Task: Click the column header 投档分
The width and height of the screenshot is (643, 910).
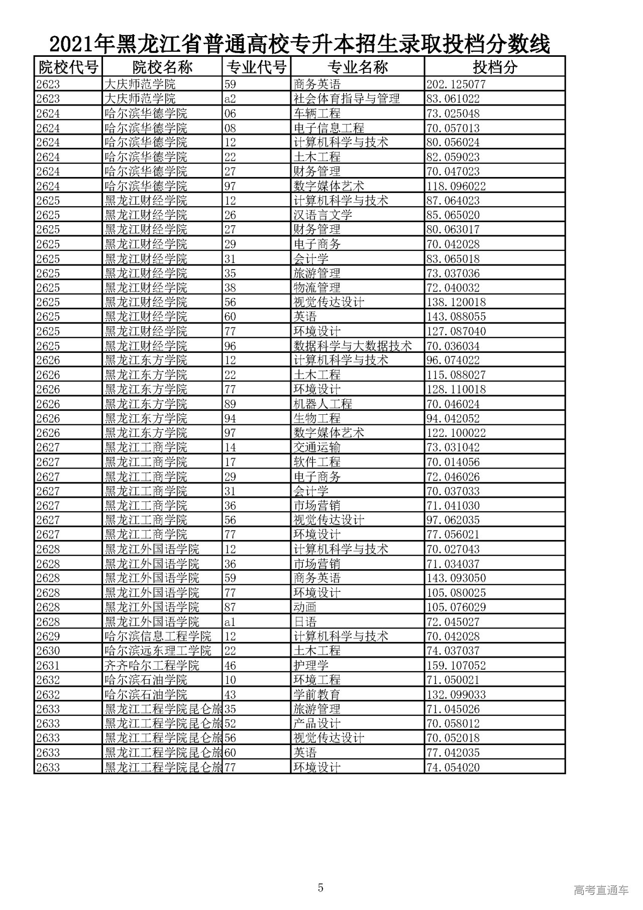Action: coord(494,67)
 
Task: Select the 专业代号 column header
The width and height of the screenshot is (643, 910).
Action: coord(256,67)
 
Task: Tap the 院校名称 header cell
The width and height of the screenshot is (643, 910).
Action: coord(162,67)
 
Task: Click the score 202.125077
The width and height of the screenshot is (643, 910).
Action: coord(456,84)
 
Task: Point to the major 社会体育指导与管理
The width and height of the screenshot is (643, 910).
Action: coord(346,99)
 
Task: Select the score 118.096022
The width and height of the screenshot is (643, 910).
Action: coord(456,186)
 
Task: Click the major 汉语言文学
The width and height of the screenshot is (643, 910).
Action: coord(323,215)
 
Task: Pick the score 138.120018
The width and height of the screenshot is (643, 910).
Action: coord(456,302)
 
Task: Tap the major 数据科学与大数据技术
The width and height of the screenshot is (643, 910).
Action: coord(352,346)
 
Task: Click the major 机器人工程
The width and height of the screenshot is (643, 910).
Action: coord(323,404)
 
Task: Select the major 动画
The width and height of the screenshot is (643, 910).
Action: coord(305,607)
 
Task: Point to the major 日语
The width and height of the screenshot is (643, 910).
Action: coord(305,622)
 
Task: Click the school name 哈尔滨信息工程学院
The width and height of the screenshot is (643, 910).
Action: coord(158,636)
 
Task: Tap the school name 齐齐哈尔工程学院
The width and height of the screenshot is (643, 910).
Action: coord(152,666)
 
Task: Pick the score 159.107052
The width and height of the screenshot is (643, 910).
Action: coord(456,666)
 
